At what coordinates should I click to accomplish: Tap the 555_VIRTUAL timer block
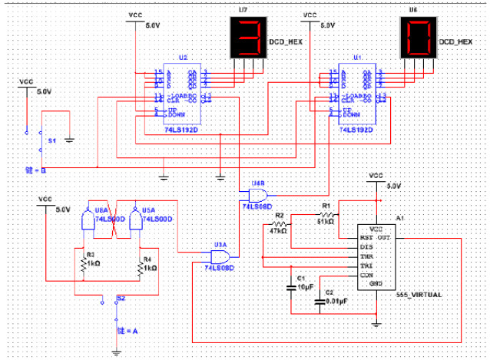(x=377, y=256)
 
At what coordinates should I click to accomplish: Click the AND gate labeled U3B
(x=254, y=196)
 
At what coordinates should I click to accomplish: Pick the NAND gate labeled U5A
(x=137, y=220)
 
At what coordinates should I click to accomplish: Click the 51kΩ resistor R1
(x=326, y=216)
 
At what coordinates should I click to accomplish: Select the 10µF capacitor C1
(x=291, y=287)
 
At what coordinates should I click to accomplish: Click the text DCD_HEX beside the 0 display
(x=455, y=43)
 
